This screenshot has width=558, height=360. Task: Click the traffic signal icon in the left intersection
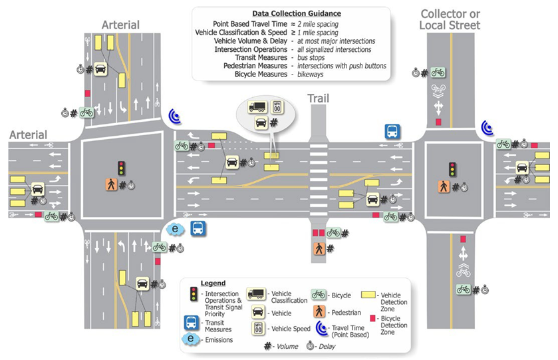tap(121, 167)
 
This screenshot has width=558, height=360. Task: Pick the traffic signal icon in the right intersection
tap(452, 169)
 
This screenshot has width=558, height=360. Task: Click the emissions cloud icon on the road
tap(176, 229)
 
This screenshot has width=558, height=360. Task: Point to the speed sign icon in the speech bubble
tap(276, 106)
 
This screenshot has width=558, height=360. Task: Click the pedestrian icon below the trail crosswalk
tap(319, 248)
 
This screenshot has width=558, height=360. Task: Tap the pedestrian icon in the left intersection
tap(110, 185)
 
